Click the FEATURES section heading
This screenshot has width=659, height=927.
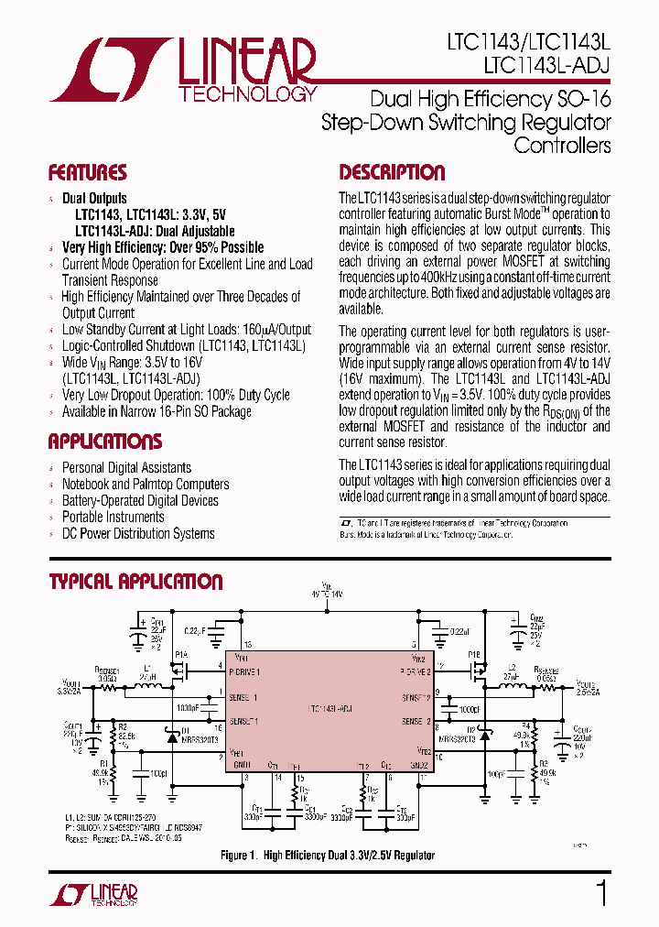(87, 173)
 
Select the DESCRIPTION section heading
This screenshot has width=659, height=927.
(392, 173)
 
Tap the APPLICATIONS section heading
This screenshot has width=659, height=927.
(106, 442)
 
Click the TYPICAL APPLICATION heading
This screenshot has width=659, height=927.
(135, 582)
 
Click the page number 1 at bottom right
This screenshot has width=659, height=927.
(601, 892)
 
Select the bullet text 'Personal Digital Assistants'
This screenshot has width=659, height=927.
(126, 468)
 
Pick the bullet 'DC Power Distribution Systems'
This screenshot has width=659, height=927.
(137, 534)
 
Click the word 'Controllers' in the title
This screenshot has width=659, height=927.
(562, 145)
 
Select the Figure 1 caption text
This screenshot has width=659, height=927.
(327, 856)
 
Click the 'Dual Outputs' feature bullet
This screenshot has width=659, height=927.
(94, 199)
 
